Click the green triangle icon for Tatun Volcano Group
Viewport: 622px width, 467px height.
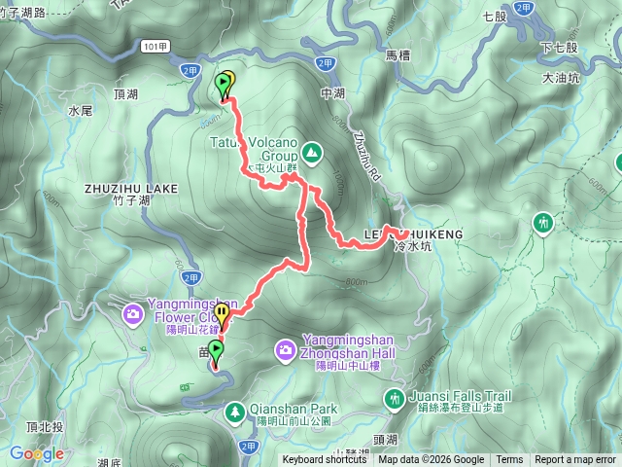point(311,153)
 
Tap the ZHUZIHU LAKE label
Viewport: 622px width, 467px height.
point(131,188)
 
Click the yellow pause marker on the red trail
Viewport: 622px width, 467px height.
point(223,314)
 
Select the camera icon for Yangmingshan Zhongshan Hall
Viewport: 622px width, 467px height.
point(286,348)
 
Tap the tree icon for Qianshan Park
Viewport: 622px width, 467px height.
point(235,413)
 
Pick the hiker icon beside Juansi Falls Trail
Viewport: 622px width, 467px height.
point(395,397)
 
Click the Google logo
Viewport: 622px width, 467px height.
point(36,453)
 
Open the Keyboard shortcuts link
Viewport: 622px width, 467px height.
point(325,460)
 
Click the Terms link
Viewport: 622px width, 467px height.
point(509,460)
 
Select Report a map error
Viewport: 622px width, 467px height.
point(575,460)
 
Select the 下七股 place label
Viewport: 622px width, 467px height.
point(559,47)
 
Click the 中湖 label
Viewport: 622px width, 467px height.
point(332,94)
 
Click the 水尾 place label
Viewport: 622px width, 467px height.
point(80,111)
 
